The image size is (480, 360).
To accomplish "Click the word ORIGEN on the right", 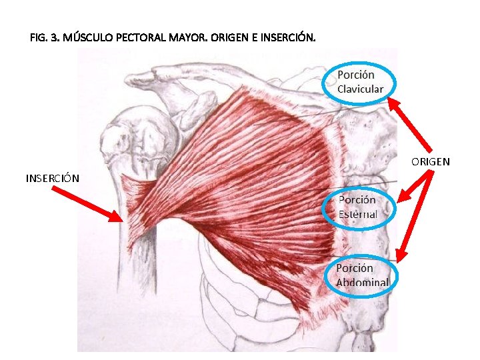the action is click(430, 162).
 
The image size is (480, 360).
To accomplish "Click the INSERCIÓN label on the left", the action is click(53, 179).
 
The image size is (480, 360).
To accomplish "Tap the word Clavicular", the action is click(360, 89).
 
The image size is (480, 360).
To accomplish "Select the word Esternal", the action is click(357, 214).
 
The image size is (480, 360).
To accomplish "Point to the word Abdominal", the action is click(362, 282).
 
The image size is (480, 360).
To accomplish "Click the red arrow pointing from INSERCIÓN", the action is click(87, 203).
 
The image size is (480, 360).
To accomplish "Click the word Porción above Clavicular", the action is click(356, 75).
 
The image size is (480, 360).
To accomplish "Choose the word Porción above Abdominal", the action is click(355, 268).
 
